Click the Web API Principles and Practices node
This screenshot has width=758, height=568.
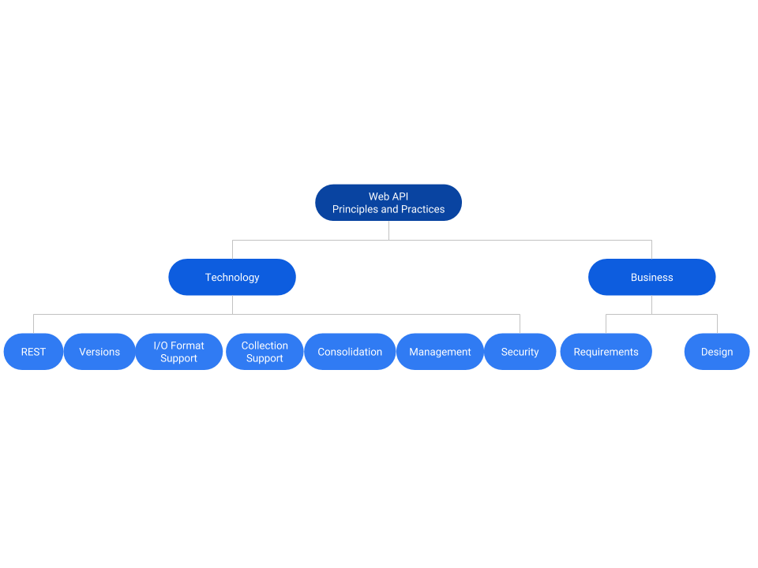coord(388,203)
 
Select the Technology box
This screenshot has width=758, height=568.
coord(232,278)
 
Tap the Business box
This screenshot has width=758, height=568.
coord(651,278)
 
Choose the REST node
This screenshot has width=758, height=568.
coord(33,352)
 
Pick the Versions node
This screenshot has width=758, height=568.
coord(99,352)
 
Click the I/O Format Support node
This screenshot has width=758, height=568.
coord(178,352)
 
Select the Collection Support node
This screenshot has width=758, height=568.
coord(265,352)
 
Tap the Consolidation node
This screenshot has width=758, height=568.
coord(350,352)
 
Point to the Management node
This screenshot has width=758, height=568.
coord(440,352)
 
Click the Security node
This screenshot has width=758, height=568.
coord(520,352)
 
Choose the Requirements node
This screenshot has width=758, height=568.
coord(606,352)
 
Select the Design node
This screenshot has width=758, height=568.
coord(717,352)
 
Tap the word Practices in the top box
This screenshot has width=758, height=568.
coord(423,210)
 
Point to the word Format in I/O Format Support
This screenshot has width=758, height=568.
coord(188,346)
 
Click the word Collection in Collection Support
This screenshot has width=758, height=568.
coord(265,346)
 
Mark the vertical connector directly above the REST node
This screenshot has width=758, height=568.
coord(33,323)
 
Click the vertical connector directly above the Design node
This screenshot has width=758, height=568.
coord(717,323)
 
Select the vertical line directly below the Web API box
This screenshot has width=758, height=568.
coord(388,230)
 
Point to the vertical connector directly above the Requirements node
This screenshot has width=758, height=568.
coord(606,323)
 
